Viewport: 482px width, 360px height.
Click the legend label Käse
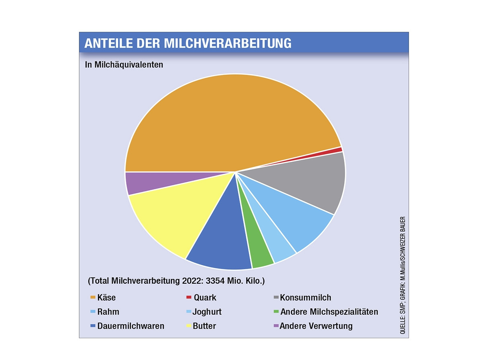click(106, 298)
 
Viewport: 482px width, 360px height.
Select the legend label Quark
click(205, 298)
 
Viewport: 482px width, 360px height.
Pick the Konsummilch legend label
click(306, 298)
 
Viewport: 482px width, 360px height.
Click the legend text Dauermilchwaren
click(131, 326)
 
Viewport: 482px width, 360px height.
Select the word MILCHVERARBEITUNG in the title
click(228, 43)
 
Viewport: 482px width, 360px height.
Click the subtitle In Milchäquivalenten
click(124, 64)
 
